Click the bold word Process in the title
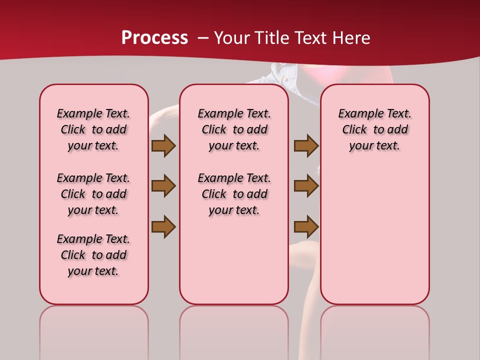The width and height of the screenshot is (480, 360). (154, 38)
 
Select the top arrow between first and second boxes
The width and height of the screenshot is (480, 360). (163, 145)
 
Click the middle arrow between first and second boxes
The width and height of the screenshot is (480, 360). (163, 186)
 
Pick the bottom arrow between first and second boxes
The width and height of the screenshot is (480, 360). (163, 226)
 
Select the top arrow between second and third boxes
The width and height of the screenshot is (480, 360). (306, 145)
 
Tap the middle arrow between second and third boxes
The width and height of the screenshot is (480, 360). (306, 186)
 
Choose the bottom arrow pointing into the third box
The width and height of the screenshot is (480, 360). (306, 226)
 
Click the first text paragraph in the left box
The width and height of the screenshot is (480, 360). (93, 129)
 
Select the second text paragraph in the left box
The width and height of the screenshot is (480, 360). (93, 194)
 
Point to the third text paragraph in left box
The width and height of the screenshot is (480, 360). (93, 255)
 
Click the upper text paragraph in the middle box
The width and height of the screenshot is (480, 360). (234, 129)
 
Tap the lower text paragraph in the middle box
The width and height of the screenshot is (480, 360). (234, 194)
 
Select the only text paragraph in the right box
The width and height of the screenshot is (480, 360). (374, 129)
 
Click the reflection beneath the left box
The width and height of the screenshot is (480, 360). (94, 330)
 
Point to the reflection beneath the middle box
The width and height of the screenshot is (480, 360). (234, 330)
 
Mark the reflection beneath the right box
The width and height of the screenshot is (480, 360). (374, 330)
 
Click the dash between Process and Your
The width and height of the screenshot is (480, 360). (203, 38)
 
